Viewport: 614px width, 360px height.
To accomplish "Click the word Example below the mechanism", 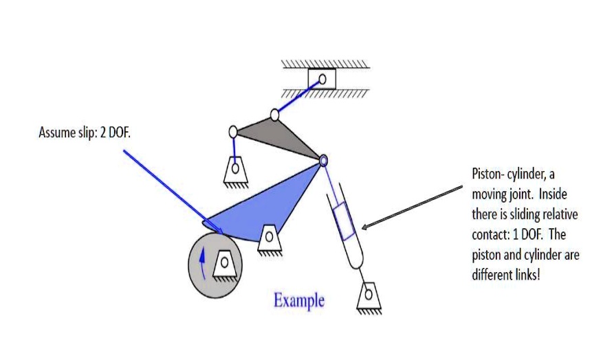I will click(298, 301).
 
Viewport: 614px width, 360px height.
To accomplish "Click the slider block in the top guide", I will click(321, 78).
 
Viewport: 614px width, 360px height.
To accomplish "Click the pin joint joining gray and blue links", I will click(322, 160).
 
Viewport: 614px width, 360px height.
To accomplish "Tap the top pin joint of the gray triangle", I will click(275, 114).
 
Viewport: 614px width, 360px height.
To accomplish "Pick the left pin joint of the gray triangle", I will click(233, 131).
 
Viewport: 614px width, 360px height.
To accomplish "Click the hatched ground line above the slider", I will click(325, 65).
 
